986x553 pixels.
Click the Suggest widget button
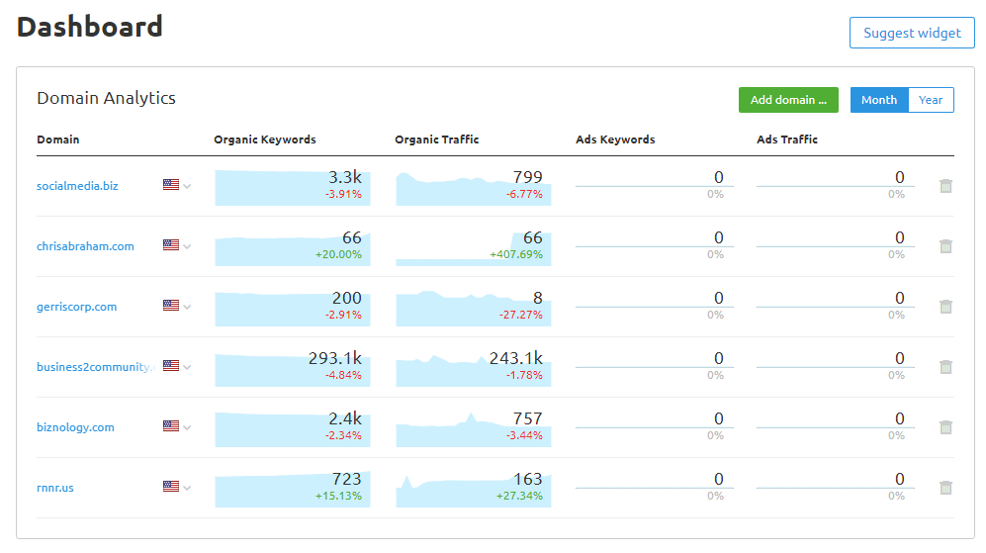coord(912,33)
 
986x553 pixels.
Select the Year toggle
coord(931,100)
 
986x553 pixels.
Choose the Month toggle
coord(878,100)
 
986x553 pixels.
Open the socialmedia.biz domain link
coord(77,186)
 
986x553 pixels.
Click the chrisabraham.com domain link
coord(85,246)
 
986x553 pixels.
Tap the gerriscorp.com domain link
coord(76,307)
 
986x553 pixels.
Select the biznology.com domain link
coord(75,427)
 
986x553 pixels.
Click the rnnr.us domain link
coord(55,488)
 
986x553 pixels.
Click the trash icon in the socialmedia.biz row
coord(945,186)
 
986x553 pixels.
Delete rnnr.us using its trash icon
coord(945,488)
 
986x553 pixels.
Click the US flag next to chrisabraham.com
coord(171,245)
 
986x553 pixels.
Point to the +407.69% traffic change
coord(516,254)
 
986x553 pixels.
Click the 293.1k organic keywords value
coord(334,358)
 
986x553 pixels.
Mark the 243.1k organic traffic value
coord(515,358)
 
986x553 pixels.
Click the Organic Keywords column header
coord(265,139)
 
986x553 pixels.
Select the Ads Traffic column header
coord(787,139)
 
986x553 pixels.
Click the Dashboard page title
coord(90,27)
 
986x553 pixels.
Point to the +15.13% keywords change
coord(338,496)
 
